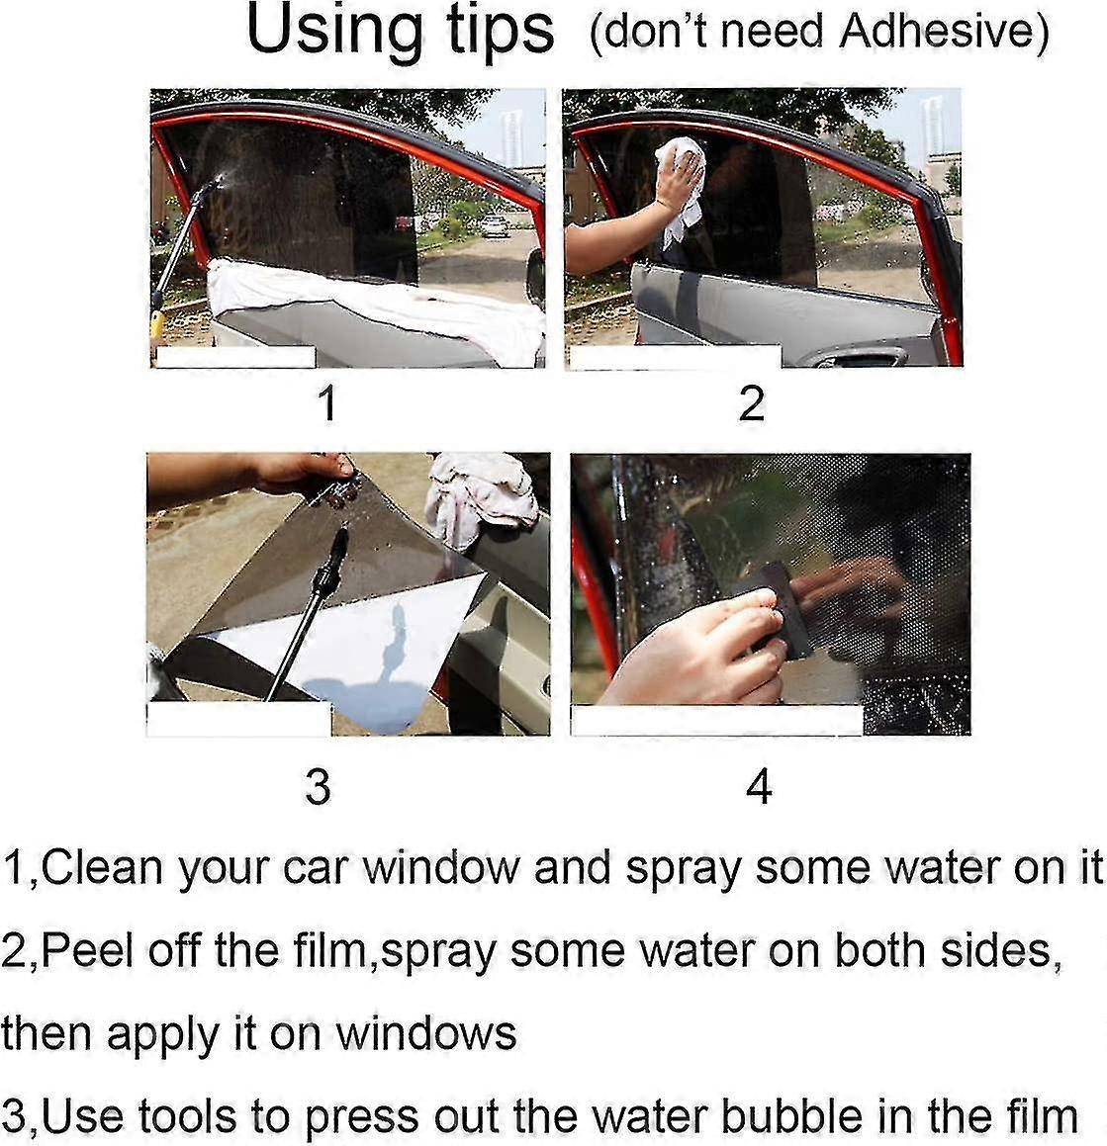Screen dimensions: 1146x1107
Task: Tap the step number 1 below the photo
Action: (327, 403)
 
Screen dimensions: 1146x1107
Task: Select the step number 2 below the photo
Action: (751, 403)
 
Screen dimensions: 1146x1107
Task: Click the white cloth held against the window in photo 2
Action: (683, 188)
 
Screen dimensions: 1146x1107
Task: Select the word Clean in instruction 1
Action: (102, 867)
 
